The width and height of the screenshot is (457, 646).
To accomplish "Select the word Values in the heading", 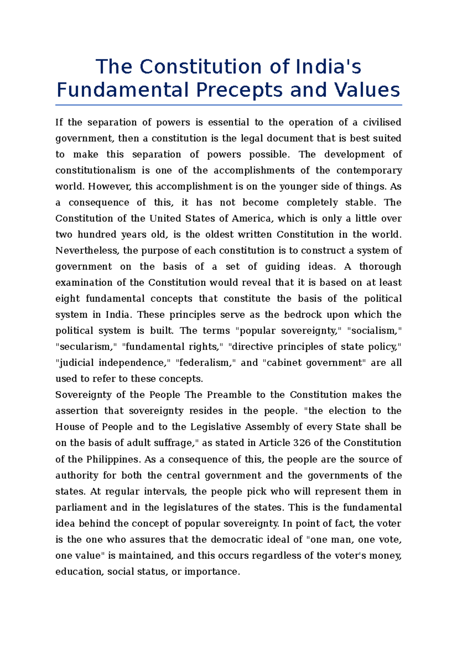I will click(367, 91).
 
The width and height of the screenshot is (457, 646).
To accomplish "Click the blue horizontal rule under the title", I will click(228, 105).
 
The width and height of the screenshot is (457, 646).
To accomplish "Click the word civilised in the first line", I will click(382, 123).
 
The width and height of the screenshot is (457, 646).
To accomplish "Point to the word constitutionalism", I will click(95, 170).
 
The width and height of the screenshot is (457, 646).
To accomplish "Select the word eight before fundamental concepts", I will click(67, 299).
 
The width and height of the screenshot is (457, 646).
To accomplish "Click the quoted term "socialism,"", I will click(375, 331).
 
